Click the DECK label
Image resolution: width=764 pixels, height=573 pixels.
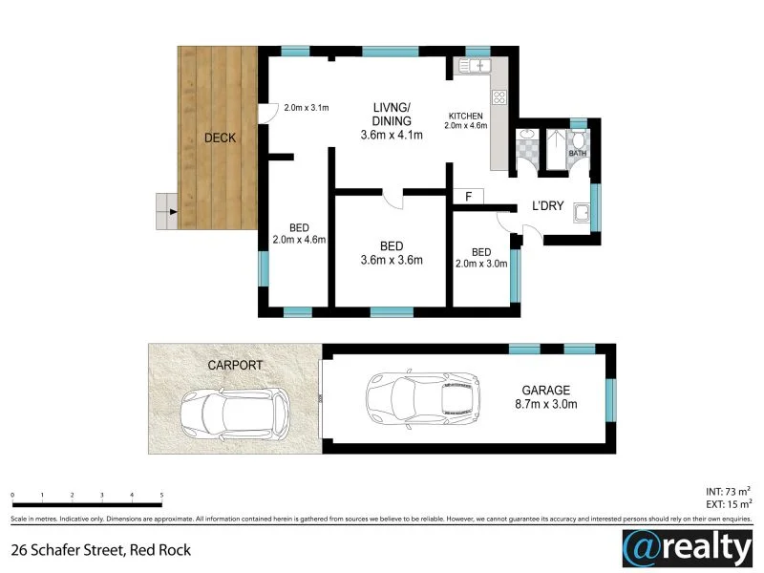[220, 138]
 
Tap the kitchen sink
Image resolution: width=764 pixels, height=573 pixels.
[474, 66]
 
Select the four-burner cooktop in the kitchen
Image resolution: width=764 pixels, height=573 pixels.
[499, 96]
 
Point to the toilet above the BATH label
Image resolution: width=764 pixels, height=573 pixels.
[578, 141]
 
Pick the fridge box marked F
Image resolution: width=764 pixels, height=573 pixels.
[468, 196]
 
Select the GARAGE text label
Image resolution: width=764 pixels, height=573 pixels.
[545, 390]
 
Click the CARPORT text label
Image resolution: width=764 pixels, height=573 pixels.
[234, 365]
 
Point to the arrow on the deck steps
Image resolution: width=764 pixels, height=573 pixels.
[172, 212]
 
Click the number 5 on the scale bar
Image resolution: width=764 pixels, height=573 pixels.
[162, 496]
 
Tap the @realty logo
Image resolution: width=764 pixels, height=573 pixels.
[686, 548]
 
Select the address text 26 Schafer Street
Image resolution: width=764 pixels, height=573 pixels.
[100, 549]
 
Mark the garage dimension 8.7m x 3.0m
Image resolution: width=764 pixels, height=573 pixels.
[545, 405]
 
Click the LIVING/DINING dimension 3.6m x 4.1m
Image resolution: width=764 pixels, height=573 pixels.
[392, 136]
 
